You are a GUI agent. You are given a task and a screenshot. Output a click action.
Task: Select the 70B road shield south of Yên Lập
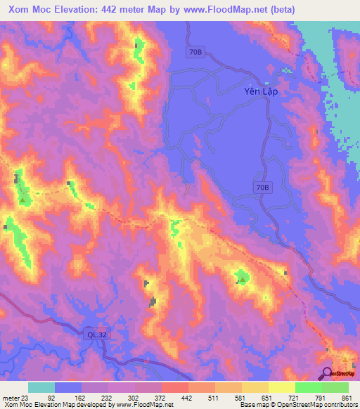point(262,187)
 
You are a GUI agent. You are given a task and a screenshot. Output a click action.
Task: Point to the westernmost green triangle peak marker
point(22,200)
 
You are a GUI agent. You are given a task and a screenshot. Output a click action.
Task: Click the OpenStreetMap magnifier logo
point(328,373)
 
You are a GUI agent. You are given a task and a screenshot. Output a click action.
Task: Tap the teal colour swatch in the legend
point(41,387)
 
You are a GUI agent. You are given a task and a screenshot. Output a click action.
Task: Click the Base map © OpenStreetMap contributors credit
point(296,405)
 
